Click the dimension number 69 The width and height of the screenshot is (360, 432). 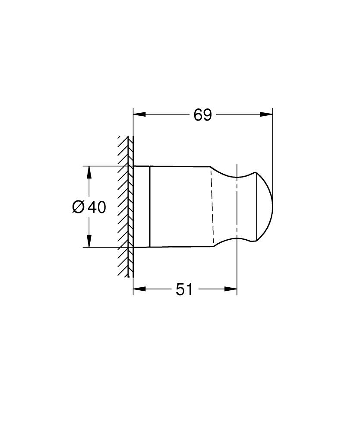click(202, 115)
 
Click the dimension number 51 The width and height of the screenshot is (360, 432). click(184, 290)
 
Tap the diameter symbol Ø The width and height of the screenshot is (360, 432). click(79, 208)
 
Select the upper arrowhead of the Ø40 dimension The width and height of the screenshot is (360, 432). click(89, 172)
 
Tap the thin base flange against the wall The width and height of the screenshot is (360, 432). click(141, 206)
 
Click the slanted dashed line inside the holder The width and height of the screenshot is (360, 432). click(212, 206)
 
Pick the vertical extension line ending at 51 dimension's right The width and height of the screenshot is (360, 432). click(237, 268)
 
